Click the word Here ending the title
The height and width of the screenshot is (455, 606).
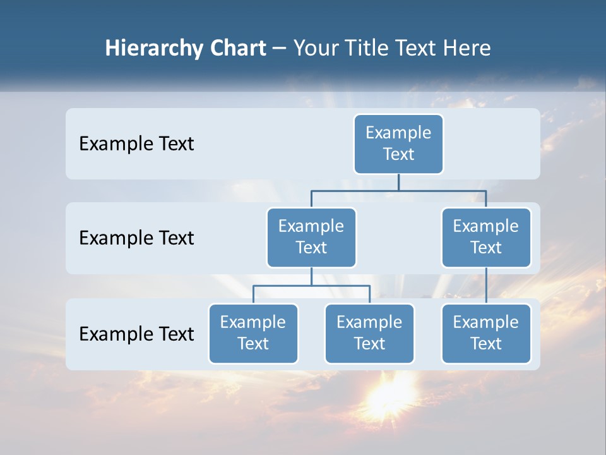(x=467, y=49)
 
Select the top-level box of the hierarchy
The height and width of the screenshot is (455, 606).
(x=398, y=143)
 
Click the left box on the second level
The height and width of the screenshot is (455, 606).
(x=311, y=237)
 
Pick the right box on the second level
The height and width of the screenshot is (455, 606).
(x=486, y=237)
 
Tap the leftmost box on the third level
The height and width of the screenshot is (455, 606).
(x=253, y=333)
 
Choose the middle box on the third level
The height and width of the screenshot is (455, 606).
(x=369, y=333)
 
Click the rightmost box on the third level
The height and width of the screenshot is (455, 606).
(x=486, y=333)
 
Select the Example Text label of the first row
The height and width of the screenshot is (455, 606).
(x=136, y=143)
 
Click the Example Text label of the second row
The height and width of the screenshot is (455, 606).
(x=136, y=238)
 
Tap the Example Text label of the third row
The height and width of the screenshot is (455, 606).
(x=136, y=334)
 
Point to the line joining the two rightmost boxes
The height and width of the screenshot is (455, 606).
(x=486, y=286)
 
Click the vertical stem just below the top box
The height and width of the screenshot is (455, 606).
(x=398, y=182)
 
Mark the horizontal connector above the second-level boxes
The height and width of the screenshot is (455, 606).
(x=398, y=190)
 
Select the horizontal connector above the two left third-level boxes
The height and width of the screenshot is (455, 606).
(x=311, y=286)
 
